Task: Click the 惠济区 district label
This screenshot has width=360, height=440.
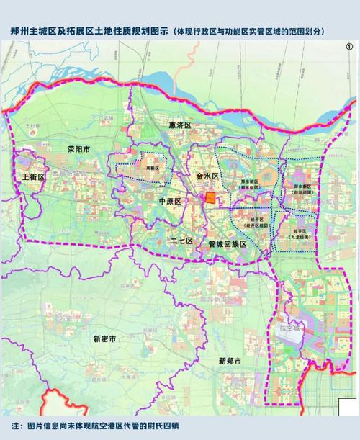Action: pyautogui.click(x=179, y=125)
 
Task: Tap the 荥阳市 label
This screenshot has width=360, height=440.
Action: pyautogui.click(x=78, y=150)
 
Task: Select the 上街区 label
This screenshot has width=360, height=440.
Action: pyautogui.click(x=34, y=176)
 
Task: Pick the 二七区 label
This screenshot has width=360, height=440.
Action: pyautogui.click(x=181, y=240)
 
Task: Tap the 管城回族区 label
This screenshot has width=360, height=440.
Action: pyautogui.click(x=227, y=245)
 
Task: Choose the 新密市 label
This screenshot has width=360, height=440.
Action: pyautogui.click(x=106, y=338)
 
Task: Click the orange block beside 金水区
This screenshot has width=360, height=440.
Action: pyautogui.click(x=210, y=197)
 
